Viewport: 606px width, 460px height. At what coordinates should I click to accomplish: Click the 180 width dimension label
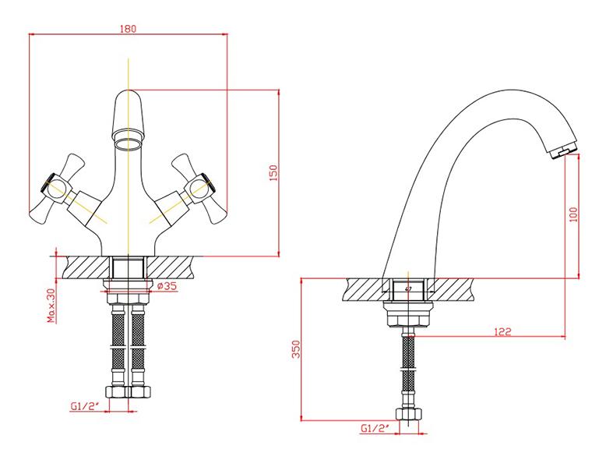coord(128,28)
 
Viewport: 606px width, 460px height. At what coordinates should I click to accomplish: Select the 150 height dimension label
coord(273,173)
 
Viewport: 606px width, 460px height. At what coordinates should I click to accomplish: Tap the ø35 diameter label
coord(167,286)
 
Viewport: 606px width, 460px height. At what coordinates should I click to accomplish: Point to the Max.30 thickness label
coord(51,306)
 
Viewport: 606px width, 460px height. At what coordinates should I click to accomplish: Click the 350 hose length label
coord(296,349)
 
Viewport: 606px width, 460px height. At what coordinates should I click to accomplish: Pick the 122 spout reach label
coord(502,331)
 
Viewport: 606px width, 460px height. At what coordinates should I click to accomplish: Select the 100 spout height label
coord(573,214)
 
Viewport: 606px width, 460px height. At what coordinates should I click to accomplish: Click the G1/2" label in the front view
coord(85,406)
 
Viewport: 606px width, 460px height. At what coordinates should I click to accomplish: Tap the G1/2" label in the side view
coord(375,428)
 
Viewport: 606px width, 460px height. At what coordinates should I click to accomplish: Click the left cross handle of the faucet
coord(56,189)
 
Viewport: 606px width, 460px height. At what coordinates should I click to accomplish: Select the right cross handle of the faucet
coord(199,189)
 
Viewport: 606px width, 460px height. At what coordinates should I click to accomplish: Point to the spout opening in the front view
coord(128,144)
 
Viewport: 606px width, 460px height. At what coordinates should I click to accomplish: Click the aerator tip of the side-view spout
coord(563,153)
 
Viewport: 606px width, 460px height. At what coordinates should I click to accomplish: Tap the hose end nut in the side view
coord(408,414)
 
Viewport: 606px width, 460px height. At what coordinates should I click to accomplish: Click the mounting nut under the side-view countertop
coord(408,313)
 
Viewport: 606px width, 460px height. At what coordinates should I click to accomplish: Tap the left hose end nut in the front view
coord(117,391)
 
